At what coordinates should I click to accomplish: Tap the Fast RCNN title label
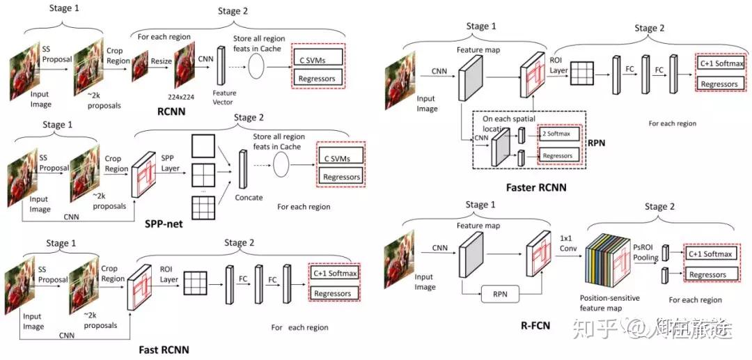(x=164, y=350)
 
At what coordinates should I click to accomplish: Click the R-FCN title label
(x=536, y=324)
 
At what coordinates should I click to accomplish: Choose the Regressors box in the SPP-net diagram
(x=342, y=177)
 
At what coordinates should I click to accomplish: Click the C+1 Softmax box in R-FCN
(x=710, y=254)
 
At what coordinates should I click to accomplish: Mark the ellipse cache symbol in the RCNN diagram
(x=256, y=67)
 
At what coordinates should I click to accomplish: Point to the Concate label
(x=249, y=197)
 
